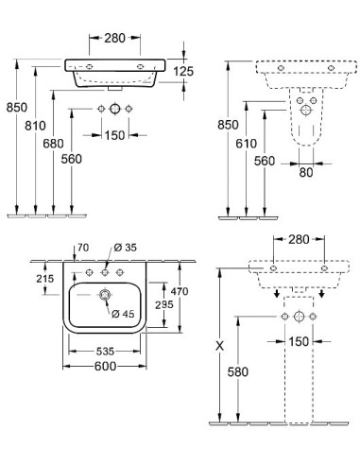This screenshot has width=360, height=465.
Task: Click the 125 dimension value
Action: point(183,72)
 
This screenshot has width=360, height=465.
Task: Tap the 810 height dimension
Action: point(35,126)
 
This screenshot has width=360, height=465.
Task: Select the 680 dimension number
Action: point(53,144)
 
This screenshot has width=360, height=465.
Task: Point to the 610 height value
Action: point(246,144)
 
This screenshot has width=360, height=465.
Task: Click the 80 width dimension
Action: point(306,172)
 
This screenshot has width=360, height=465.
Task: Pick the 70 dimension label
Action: point(83,248)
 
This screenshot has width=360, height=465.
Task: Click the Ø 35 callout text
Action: point(125,248)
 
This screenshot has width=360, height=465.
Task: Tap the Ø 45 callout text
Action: point(123,314)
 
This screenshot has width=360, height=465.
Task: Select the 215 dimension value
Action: point(45,279)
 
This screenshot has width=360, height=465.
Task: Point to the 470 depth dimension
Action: point(180,291)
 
